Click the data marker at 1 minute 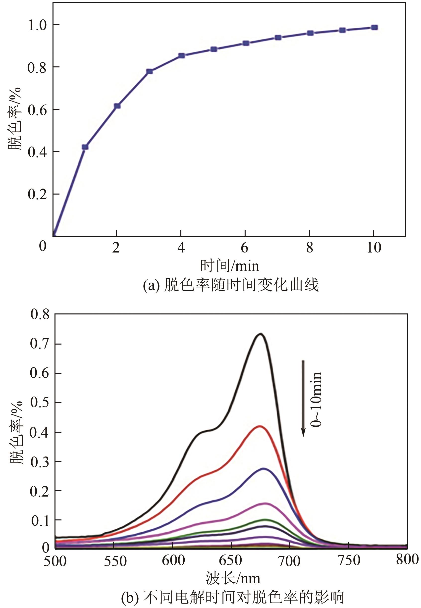(x=85, y=147)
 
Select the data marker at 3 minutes (x=149, y=71)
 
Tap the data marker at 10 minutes (x=374, y=27)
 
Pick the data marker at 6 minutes (x=246, y=43)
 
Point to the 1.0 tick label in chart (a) (x=38, y=26)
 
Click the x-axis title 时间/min (x=229, y=266)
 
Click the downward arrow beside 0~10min (x=303, y=398)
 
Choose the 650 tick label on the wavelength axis (x=231, y=560)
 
